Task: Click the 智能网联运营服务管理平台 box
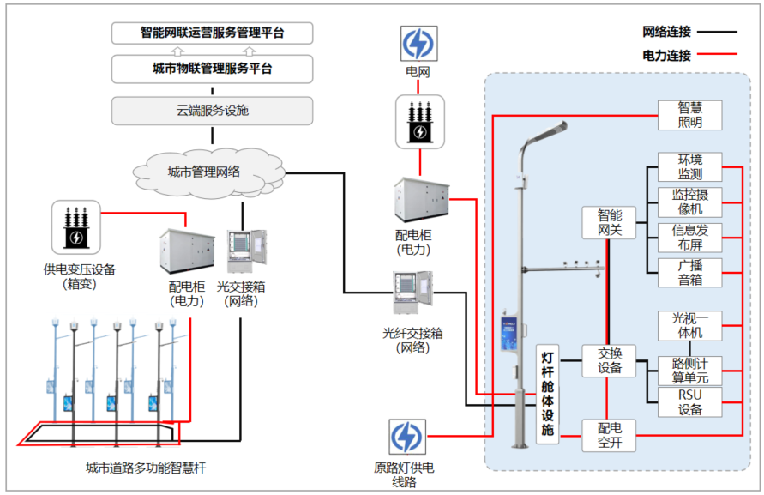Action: click(x=212, y=33)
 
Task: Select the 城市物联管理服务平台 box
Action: click(x=212, y=69)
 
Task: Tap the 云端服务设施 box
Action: click(x=212, y=110)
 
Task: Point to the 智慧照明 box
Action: click(x=689, y=115)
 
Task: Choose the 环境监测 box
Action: click(x=689, y=167)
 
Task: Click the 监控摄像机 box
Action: click(x=689, y=202)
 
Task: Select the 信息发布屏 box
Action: click(x=689, y=238)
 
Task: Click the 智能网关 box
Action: click(x=609, y=222)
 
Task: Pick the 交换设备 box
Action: click(x=609, y=361)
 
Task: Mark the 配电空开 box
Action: click(x=609, y=436)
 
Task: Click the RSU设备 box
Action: click(x=689, y=402)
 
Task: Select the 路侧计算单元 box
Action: click(x=689, y=370)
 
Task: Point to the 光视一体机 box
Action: click(x=689, y=325)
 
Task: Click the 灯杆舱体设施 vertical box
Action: click(x=548, y=395)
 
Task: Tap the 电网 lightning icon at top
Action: click(x=419, y=44)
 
